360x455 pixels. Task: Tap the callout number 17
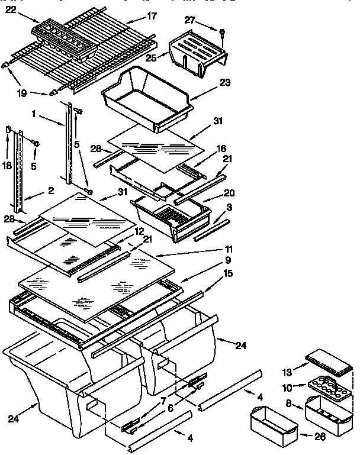pyautogui.click(x=152, y=16)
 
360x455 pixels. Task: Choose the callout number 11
pyautogui.click(x=227, y=249)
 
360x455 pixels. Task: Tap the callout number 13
pyautogui.click(x=287, y=372)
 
